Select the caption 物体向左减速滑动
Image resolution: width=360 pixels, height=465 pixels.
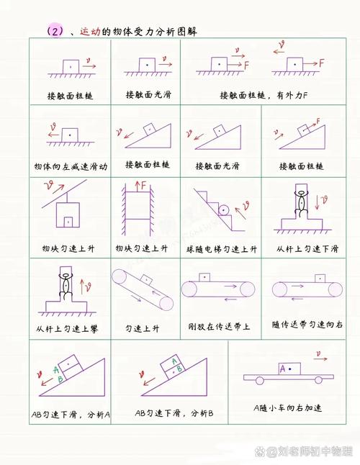[71, 166]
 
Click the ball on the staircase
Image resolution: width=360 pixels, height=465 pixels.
[225, 209]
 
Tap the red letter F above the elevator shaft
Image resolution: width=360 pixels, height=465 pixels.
[143, 186]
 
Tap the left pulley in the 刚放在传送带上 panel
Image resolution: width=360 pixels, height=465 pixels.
[189, 289]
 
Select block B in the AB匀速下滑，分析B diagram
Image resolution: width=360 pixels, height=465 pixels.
[174, 374]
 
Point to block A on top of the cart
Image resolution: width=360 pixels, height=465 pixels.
[289, 369]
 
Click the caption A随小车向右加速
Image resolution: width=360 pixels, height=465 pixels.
[288, 408]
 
